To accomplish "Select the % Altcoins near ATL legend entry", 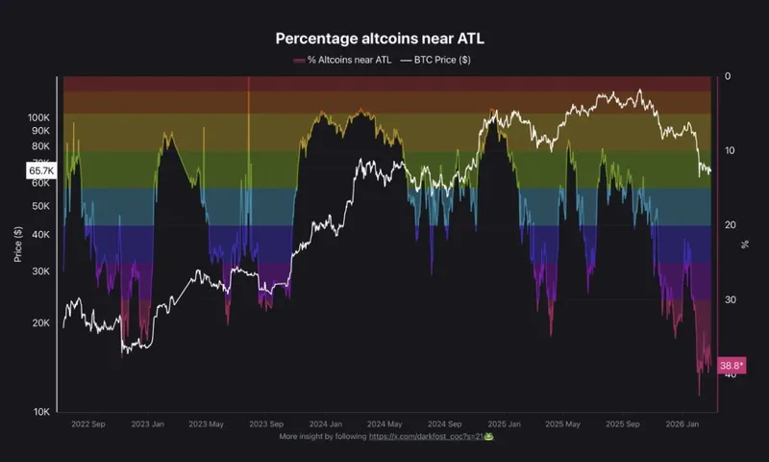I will [345, 60].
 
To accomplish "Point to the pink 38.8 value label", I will [732, 366].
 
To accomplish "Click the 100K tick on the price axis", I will [39, 115].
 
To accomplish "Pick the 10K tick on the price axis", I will [41, 412].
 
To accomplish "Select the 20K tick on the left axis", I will [41, 323].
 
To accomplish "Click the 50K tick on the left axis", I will [41, 206].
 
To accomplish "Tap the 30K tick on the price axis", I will [41, 271].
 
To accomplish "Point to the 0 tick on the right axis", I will [728, 76].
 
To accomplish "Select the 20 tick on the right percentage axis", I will [730, 225].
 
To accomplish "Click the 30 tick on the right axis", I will [730, 300].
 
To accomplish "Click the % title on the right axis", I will [745, 244].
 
